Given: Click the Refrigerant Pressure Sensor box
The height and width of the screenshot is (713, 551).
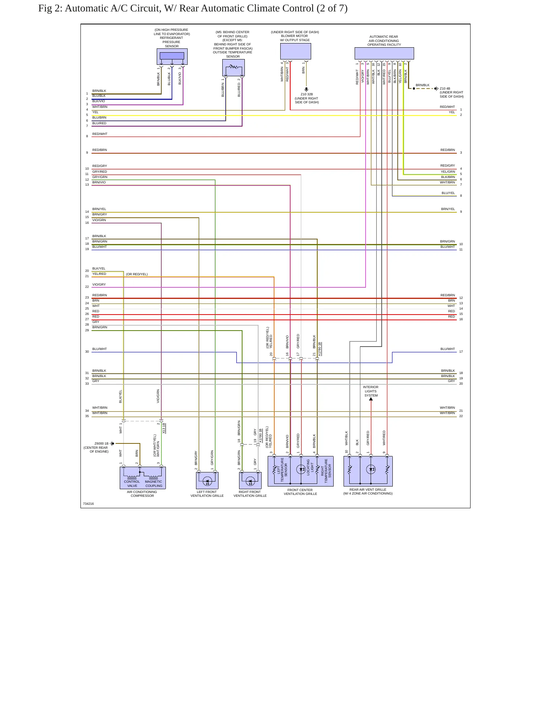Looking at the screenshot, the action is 172,56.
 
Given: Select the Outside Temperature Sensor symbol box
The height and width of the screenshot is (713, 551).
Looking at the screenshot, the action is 233,68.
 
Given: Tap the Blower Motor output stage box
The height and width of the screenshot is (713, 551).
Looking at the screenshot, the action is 296,51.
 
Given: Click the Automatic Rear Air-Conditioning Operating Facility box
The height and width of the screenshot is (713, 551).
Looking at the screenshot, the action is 384,53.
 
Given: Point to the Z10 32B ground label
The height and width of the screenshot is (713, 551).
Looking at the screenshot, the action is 307,94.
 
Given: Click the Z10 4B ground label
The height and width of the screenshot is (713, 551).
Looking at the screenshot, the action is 445,88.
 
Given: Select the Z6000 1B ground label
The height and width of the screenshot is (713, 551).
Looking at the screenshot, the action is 101,443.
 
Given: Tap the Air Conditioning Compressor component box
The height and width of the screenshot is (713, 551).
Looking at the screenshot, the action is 143,478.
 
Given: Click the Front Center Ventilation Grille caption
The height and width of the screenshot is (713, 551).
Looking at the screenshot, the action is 300,492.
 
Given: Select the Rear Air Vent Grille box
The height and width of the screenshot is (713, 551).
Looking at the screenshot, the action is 368,471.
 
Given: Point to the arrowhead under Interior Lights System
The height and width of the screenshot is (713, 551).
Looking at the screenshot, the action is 371,399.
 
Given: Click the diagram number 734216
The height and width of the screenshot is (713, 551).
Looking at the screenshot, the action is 88,504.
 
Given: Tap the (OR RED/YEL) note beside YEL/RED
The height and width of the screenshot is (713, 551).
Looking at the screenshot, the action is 137,274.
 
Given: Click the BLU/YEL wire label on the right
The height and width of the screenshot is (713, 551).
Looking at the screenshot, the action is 448,193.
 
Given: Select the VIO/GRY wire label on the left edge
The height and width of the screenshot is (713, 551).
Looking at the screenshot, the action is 99,284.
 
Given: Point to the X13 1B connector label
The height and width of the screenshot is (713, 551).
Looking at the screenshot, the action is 164,428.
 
